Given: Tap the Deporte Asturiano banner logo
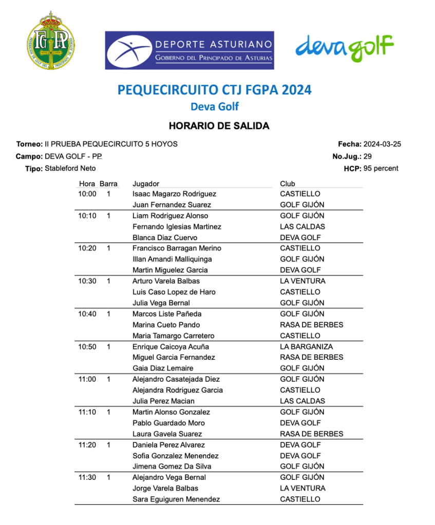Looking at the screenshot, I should (x=189, y=50).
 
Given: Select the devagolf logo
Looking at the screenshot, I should (x=344, y=48).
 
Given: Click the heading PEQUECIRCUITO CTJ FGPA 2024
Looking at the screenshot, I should (x=214, y=90).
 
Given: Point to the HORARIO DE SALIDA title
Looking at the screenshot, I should (x=219, y=126).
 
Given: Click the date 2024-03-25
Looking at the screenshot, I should (x=382, y=144).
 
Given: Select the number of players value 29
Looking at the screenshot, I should (x=367, y=156).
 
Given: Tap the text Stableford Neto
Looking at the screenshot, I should (x=70, y=168).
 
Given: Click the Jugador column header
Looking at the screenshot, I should (x=146, y=184).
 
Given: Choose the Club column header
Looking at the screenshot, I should (x=288, y=184).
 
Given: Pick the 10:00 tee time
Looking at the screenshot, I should (x=87, y=194).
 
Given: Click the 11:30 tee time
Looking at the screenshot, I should (x=87, y=477).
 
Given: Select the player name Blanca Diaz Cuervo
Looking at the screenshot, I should (x=165, y=238).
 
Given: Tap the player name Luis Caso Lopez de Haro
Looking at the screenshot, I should (x=174, y=292).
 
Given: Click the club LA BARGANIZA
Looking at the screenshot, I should (x=306, y=346).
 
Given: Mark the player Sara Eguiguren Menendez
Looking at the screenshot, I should (x=176, y=499).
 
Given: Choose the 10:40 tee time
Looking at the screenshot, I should (x=87, y=314).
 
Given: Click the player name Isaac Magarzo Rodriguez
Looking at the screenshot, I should (x=174, y=194).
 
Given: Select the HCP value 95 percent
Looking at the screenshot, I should (x=381, y=168).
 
